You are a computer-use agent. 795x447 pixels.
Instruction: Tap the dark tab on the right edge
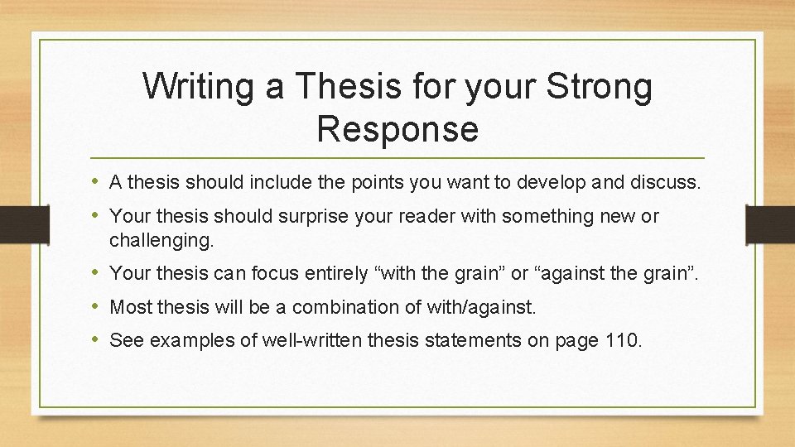(770, 224)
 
